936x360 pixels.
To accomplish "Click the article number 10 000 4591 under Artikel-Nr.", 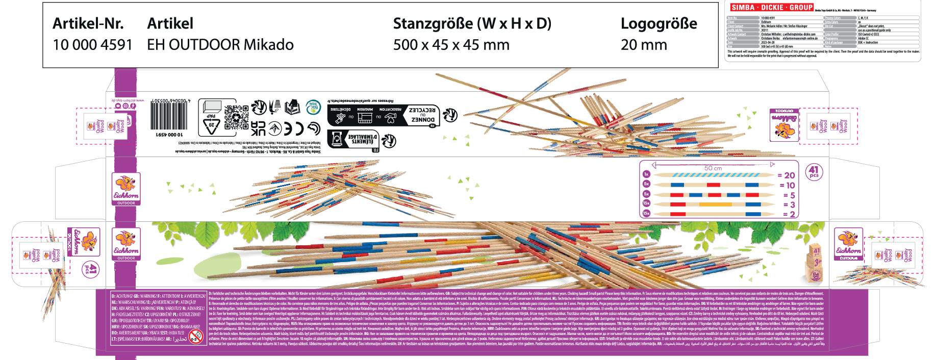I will tap(92, 45).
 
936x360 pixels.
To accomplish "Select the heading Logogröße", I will tap(659, 23).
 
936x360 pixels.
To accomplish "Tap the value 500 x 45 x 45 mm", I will tap(451, 45).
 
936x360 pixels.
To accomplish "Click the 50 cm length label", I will tap(713, 168).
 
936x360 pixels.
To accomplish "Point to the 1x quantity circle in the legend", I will tap(646, 175).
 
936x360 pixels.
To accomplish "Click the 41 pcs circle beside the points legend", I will tap(814, 171).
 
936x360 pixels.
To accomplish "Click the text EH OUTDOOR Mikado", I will tap(220, 45).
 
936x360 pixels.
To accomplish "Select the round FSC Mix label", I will tap(311, 108).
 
